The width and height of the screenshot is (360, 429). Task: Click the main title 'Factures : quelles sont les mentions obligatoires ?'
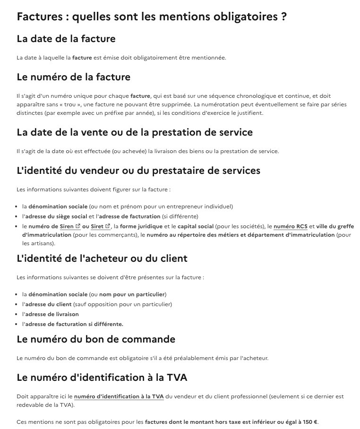pos(152,17)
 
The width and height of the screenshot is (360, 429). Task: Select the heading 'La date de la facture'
pos(66,38)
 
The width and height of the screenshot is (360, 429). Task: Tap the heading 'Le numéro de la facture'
pos(73,77)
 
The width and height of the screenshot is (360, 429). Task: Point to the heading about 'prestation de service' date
pos(135,132)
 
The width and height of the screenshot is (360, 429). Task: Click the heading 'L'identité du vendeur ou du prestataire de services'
pos(138,170)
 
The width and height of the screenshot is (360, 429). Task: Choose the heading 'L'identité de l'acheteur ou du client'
pos(102,258)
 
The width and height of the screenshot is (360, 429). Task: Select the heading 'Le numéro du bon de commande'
pos(96,339)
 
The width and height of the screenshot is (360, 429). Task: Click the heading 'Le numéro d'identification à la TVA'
pos(102,377)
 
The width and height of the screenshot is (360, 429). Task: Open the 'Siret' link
pos(97,226)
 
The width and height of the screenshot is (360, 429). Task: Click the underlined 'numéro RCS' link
pos(291,226)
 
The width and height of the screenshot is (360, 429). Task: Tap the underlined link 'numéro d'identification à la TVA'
pos(119,396)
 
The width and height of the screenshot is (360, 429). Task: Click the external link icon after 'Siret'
pos(108,226)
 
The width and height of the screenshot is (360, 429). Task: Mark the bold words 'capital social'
pos(198,226)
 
